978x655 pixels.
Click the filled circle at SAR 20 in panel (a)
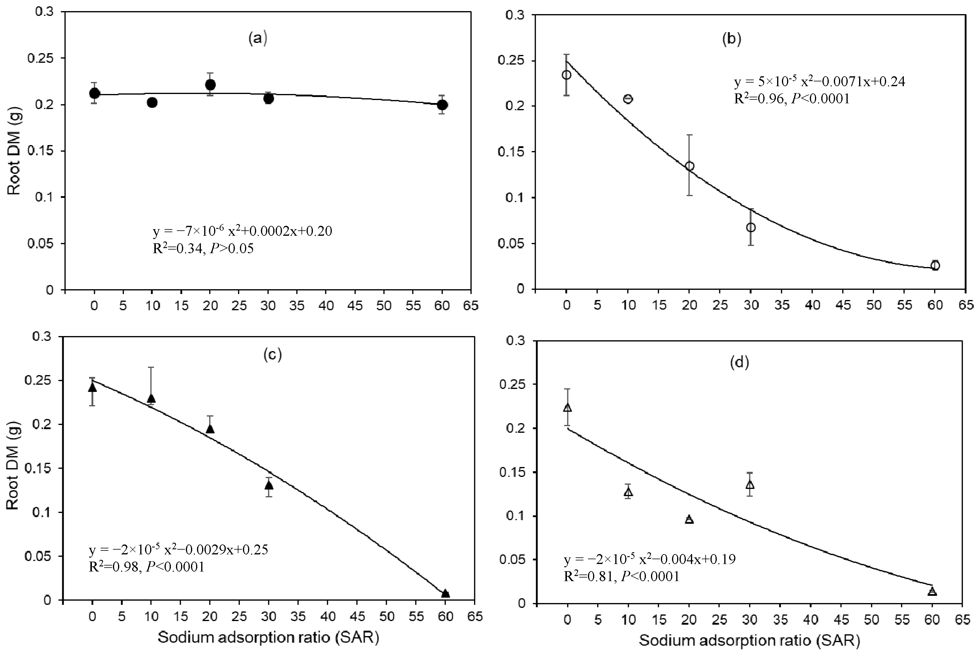[210, 85]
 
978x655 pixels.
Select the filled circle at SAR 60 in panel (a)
[442, 105]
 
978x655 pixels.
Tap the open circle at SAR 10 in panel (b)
[628, 99]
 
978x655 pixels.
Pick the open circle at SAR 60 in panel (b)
[935, 265]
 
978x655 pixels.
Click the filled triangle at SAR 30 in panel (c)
[269, 485]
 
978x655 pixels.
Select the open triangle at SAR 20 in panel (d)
[689, 520]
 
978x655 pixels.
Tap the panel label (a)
[257, 38]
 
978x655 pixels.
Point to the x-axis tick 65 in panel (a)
[471, 306]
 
